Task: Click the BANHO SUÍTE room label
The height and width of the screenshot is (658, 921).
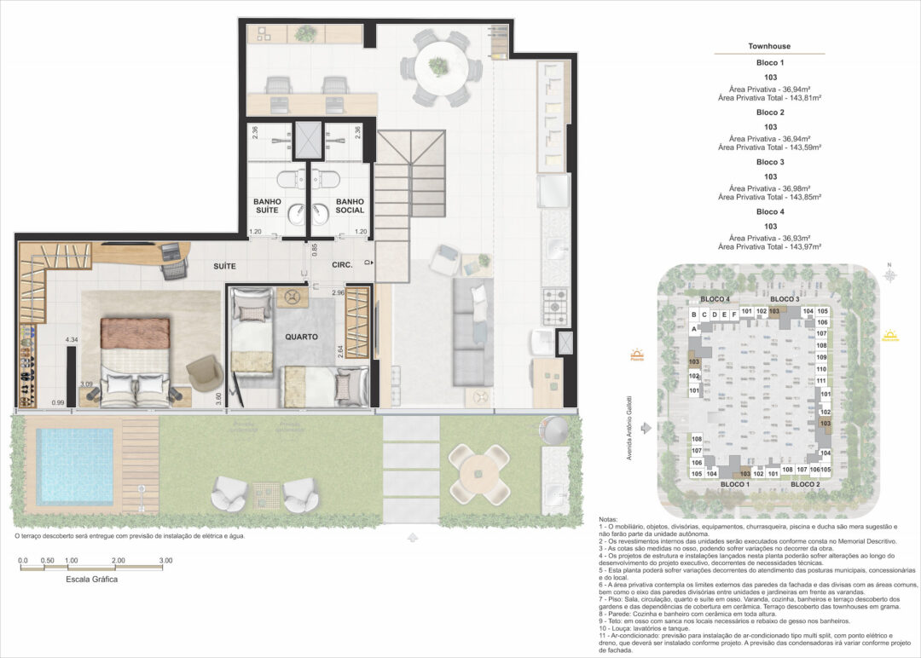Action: pyautogui.click(x=267, y=205)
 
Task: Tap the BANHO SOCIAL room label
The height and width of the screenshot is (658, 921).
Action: pyautogui.click(x=350, y=205)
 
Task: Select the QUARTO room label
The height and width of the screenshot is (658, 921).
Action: pyautogui.click(x=301, y=337)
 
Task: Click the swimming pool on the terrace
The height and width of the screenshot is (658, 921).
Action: pyautogui.click(x=75, y=465)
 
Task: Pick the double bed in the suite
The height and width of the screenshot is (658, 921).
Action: pyautogui.click(x=136, y=358)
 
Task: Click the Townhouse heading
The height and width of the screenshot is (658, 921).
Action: pyautogui.click(x=769, y=46)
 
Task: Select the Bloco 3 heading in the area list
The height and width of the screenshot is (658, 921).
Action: pyautogui.click(x=769, y=162)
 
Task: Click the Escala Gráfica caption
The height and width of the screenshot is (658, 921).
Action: pyautogui.click(x=92, y=579)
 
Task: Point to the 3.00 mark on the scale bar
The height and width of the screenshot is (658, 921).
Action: pyautogui.click(x=165, y=560)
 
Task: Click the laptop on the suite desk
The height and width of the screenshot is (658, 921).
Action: pyautogui.click(x=172, y=251)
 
